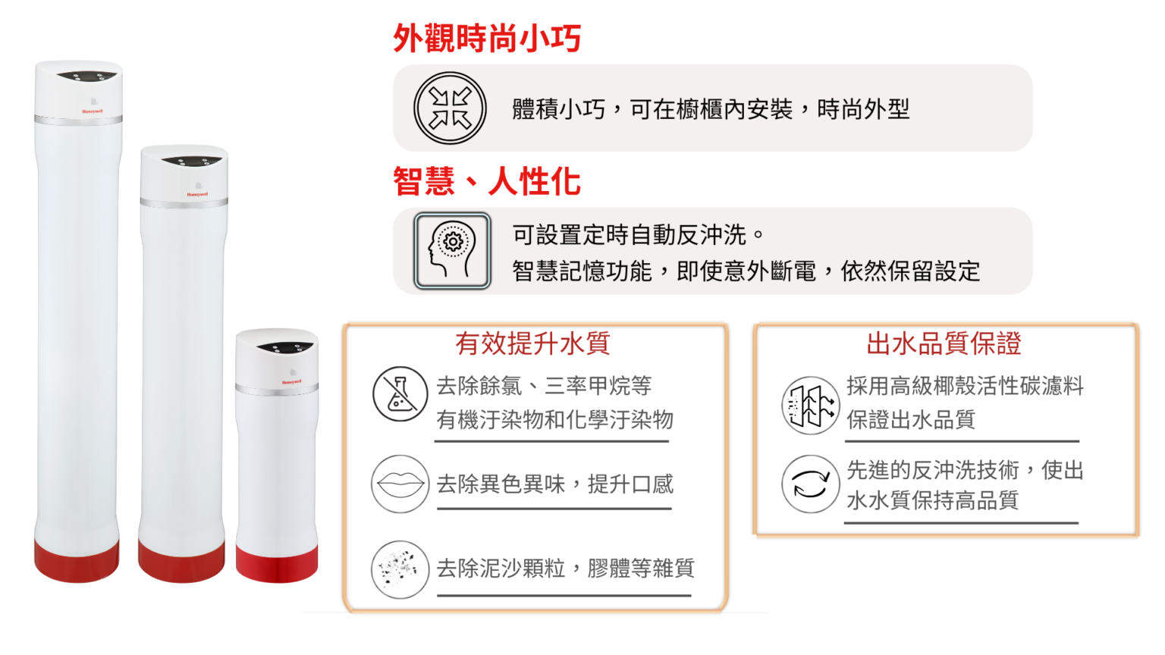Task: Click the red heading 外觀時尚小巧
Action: point(487,38)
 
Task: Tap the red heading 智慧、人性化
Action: point(487,181)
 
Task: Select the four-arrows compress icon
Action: point(450,108)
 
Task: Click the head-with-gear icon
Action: point(452,251)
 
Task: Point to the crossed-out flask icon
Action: point(400,394)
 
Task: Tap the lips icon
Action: point(400,484)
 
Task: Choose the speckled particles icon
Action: point(400,569)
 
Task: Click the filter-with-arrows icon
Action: point(810,406)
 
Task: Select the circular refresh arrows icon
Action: point(810,484)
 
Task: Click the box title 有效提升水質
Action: point(532,343)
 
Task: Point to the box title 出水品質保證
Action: point(944,343)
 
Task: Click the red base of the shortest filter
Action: point(277,563)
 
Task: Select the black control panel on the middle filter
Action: point(191,161)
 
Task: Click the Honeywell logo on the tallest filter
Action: point(92,111)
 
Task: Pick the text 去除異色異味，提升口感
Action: point(555,484)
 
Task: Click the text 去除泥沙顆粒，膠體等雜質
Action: point(565,568)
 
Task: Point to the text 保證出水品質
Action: point(911,419)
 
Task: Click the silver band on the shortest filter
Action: point(277,389)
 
